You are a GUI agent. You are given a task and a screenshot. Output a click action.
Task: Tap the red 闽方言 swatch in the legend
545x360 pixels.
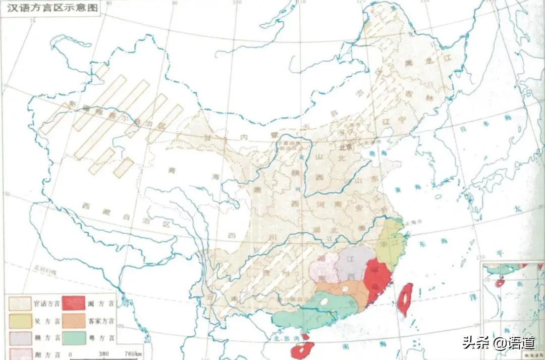coord(74,302)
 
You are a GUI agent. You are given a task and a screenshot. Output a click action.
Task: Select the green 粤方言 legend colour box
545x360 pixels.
coord(74,338)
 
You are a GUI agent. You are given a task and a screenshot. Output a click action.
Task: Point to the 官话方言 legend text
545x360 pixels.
coord(46,303)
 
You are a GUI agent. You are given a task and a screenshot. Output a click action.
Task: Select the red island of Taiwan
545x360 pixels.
coord(405,298)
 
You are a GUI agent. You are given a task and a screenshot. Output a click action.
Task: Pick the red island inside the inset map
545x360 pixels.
coord(499,283)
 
